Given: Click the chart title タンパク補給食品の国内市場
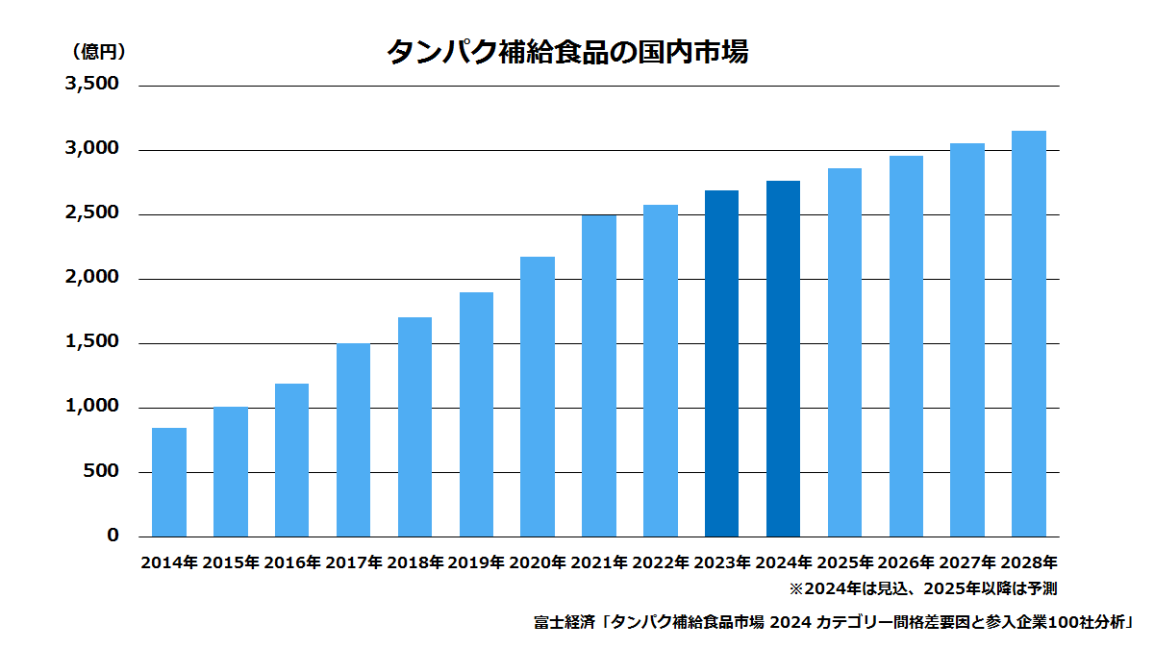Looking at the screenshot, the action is click(567, 52).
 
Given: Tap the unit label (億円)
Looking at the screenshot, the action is click(99, 52).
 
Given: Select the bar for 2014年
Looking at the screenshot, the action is click(169, 482).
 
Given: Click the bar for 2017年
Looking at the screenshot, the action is click(354, 440).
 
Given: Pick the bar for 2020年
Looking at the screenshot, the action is click(538, 396).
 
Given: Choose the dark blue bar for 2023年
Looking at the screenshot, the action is click(722, 363).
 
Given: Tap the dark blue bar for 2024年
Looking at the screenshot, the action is click(783, 359).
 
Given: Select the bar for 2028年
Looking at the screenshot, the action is click(1029, 334).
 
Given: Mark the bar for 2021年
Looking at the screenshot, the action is click(599, 376).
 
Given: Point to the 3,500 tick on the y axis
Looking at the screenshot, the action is click(92, 84).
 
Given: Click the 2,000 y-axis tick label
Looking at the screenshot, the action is click(92, 277).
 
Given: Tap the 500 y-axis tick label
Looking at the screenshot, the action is click(101, 471).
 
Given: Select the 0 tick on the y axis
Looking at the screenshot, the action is click(113, 536).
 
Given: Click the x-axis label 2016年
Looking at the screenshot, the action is click(292, 562).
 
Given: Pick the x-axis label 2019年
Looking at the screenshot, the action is click(475, 562).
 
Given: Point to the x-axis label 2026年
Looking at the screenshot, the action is click(906, 562).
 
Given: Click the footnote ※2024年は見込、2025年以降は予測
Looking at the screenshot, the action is click(923, 588).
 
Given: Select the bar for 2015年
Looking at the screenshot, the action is click(231, 472).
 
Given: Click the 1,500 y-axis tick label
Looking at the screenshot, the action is click(92, 341).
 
